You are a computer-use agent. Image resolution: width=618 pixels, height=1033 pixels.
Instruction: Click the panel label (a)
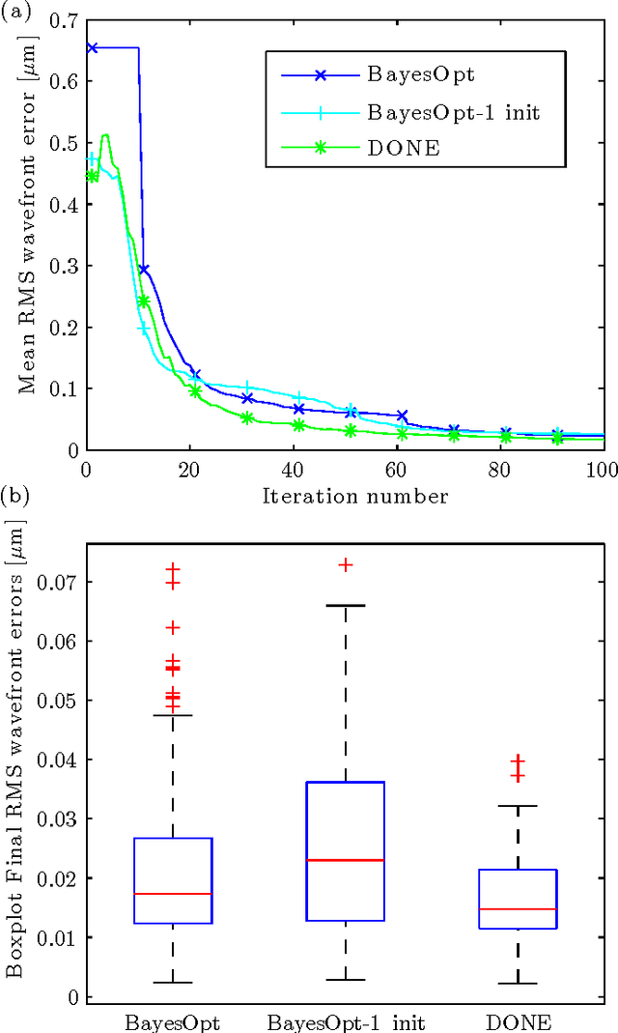pyautogui.click(x=14, y=11)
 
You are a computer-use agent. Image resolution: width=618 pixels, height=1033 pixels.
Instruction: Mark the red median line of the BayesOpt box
pyautogui.click(x=173, y=894)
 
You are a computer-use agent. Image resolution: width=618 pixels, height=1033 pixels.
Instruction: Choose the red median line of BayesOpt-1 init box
pyautogui.click(x=346, y=860)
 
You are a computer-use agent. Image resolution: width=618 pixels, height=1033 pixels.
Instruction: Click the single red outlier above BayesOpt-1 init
pyautogui.click(x=346, y=564)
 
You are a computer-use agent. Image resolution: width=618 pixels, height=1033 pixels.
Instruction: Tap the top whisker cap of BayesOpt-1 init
pyautogui.click(x=346, y=605)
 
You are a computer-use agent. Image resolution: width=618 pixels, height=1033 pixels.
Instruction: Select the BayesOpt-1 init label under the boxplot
pyautogui.click(x=346, y=1021)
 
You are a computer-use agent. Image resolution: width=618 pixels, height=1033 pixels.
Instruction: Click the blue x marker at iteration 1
pyautogui.click(x=92, y=47)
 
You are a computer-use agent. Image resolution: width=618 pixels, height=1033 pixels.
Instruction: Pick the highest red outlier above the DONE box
pyautogui.click(x=519, y=760)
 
